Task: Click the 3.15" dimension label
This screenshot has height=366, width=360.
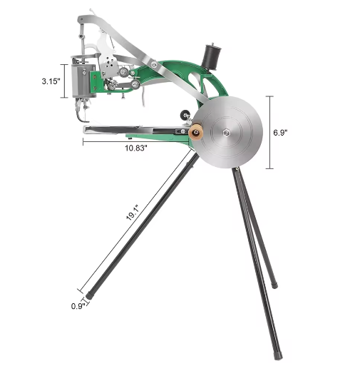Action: [x=51, y=81]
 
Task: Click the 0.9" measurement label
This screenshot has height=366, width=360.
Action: [x=78, y=306]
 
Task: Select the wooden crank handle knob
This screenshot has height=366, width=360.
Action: [x=193, y=132]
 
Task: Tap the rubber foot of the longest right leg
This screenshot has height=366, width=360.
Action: [x=279, y=352]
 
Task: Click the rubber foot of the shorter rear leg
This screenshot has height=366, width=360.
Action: [x=275, y=285]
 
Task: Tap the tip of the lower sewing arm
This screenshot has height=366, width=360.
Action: [x=85, y=130]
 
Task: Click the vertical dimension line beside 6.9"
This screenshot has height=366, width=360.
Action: [x=269, y=133]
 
